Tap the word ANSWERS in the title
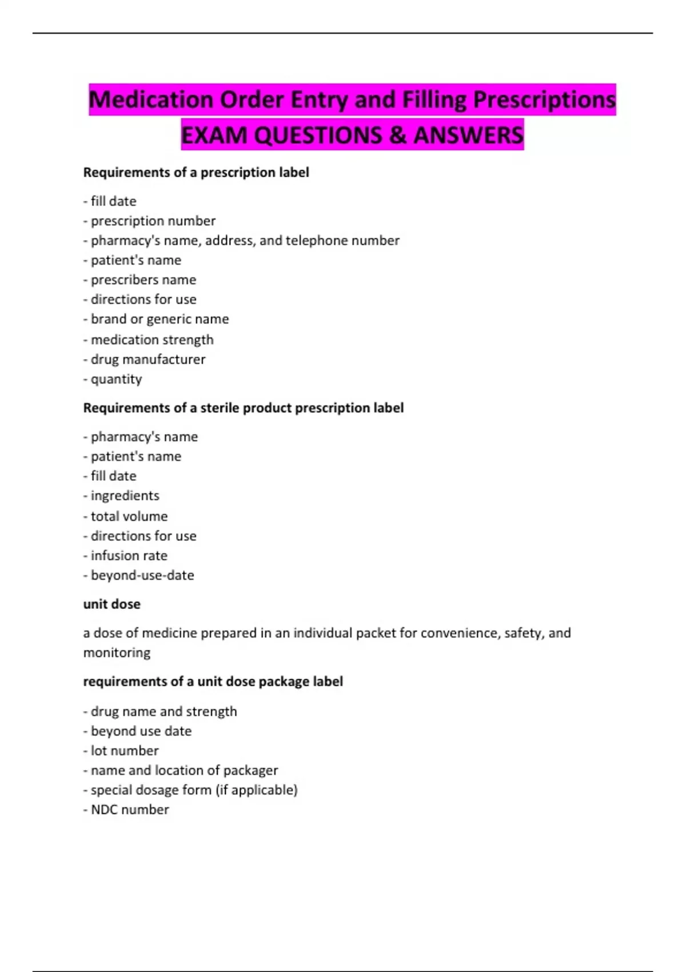(x=468, y=136)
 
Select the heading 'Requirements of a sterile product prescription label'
(x=243, y=408)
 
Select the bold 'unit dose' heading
(x=111, y=604)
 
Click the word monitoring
(x=117, y=652)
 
